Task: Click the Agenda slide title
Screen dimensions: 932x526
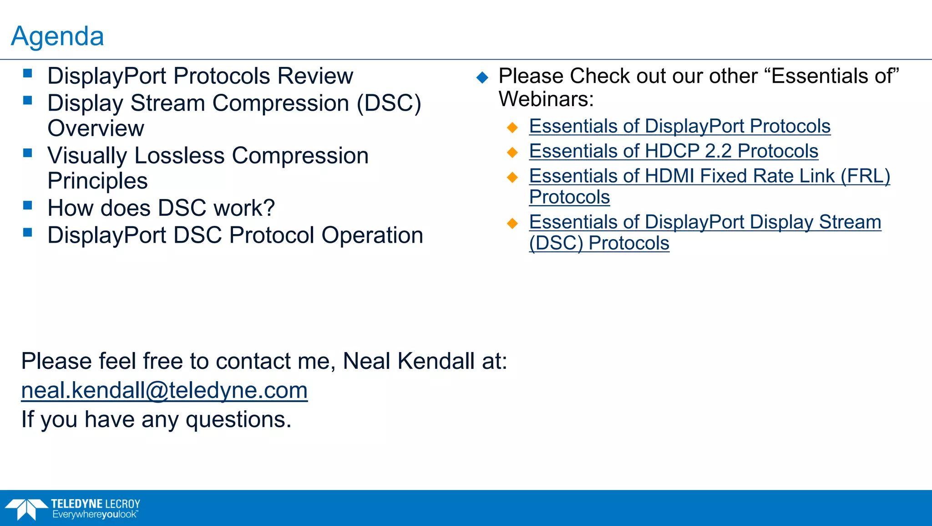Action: point(57,36)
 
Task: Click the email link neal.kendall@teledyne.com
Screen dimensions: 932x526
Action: point(164,390)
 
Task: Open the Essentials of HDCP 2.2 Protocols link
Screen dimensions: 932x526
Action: point(674,151)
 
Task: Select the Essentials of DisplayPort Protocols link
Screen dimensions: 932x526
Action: point(679,126)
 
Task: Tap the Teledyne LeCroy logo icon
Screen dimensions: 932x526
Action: point(26,509)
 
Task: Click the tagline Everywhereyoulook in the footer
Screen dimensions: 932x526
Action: point(95,515)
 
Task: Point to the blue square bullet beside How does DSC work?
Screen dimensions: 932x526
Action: point(28,205)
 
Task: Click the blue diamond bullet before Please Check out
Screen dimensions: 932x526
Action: point(482,77)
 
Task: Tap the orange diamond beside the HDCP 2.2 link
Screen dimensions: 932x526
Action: point(512,152)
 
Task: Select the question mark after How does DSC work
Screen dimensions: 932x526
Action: point(269,208)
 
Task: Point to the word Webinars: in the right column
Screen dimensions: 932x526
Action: point(546,99)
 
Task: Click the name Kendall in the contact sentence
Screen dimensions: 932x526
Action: point(436,361)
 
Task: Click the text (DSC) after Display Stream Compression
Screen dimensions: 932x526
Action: point(389,103)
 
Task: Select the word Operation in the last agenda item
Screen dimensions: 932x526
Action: point(372,235)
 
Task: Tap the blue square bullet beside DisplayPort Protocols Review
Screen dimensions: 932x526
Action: point(28,73)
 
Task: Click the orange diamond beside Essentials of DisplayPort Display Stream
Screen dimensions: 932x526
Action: point(512,223)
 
